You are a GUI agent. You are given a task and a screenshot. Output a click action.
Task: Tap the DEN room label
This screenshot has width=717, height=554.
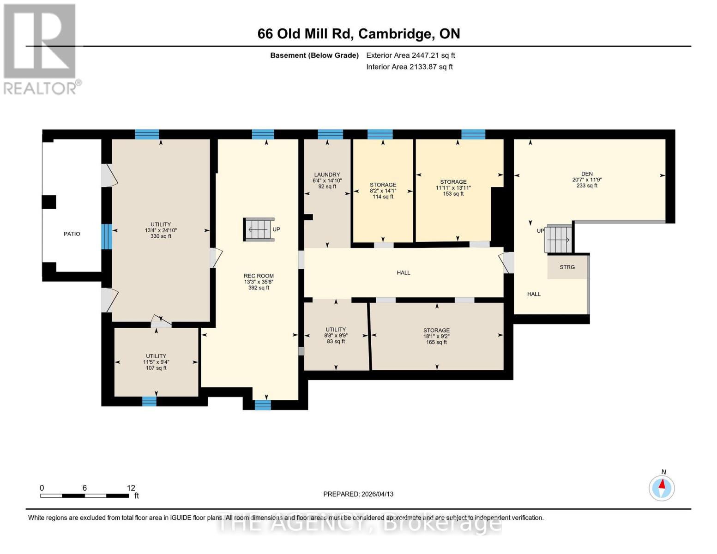click(x=587, y=174)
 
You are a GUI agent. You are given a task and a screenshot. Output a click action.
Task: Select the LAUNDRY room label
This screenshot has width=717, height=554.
click(x=327, y=175)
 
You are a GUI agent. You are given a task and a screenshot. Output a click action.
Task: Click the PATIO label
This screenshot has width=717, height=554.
click(x=72, y=234)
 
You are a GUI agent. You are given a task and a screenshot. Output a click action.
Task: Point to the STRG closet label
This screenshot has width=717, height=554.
click(x=567, y=267)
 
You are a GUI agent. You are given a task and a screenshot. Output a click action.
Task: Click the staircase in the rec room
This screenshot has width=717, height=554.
click(x=259, y=229)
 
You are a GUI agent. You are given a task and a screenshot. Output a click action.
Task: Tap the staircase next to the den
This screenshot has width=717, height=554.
click(x=558, y=239)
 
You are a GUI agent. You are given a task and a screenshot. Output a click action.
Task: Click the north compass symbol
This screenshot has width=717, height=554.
click(x=662, y=488)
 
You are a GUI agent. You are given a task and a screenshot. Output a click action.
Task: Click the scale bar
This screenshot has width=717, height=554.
click(x=84, y=495)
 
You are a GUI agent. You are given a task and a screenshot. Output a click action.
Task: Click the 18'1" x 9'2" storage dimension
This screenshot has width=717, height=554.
click(x=436, y=337)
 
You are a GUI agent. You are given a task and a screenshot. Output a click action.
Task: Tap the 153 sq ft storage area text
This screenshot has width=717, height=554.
click(x=453, y=194)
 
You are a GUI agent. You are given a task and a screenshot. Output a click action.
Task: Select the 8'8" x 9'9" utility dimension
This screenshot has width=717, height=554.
click(x=336, y=336)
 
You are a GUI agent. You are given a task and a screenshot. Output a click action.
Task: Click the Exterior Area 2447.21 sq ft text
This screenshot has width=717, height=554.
click(x=410, y=55)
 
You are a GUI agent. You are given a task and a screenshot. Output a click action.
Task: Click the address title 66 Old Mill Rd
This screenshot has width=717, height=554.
click(x=358, y=34)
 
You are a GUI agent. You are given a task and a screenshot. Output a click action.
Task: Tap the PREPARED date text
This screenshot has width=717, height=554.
click(x=358, y=494)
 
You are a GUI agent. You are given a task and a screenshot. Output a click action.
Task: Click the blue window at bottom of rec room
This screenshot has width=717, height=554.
click(x=263, y=405)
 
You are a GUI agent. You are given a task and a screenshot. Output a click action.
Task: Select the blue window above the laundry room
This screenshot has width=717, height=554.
click(x=330, y=134)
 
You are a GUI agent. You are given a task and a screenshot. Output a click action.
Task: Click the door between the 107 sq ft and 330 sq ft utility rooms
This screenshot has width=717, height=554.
click(x=161, y=322)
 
